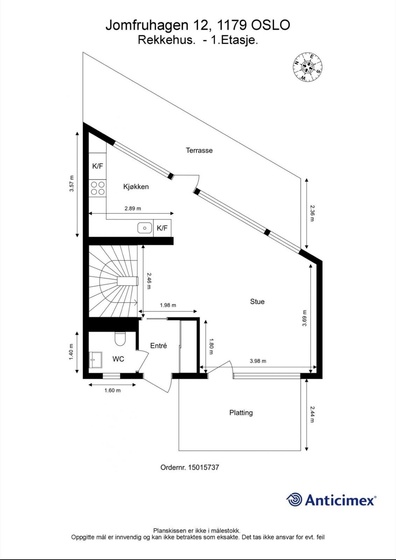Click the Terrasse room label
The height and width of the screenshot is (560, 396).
(x=199, y=150)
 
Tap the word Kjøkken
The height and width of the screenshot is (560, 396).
(x=136, y=187)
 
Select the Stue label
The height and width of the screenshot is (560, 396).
(x=257, y=301)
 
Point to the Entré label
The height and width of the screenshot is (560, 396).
(x=158, y=345)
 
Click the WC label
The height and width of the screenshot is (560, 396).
(x=118, y=359)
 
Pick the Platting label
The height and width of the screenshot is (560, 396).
(x=241, y=413)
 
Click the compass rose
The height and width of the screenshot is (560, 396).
(x=307, y=67)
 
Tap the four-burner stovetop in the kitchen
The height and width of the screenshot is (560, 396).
(x=98, y=188)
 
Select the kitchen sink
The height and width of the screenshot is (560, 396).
(x=145, y=228)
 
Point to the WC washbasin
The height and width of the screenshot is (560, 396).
(x=96, y=360)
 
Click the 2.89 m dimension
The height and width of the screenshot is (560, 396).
(x=133, y=208)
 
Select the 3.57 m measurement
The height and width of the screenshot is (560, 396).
(x=72, y=183)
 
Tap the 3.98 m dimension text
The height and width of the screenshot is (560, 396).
(x=258, y=361)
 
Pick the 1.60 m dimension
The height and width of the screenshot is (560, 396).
(x=112, y=390)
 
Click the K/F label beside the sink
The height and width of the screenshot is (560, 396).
(x=162, y=228)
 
